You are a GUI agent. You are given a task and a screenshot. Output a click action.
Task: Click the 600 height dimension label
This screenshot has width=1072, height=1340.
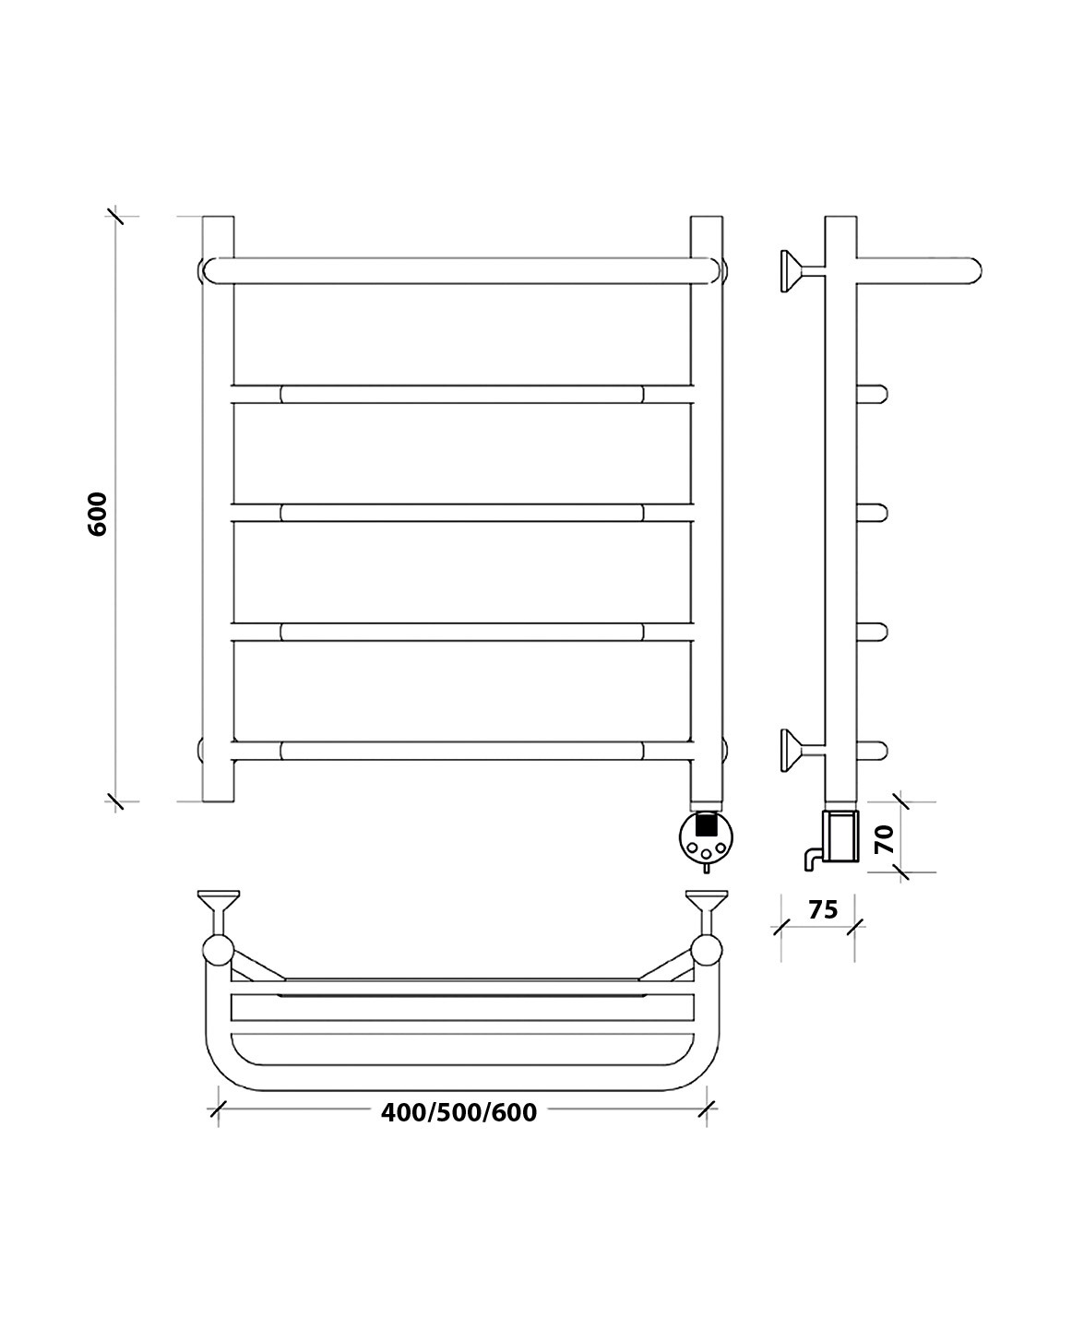98,514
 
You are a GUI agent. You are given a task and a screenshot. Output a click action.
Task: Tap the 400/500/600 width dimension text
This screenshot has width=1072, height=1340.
459,1195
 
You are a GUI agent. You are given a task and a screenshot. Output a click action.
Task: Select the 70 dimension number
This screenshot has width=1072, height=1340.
885,839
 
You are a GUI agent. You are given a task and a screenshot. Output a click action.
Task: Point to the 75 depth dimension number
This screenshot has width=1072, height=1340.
823,909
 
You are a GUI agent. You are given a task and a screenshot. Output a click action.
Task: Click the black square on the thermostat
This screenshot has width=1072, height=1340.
706,825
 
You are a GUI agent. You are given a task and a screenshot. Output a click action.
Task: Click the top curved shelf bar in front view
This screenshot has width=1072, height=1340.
461,271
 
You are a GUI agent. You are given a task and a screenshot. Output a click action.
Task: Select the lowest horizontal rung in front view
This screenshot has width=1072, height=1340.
461,751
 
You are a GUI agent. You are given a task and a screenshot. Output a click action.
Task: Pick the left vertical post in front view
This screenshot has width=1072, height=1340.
218,509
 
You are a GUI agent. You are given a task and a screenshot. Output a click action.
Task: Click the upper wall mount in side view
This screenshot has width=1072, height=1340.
803,271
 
